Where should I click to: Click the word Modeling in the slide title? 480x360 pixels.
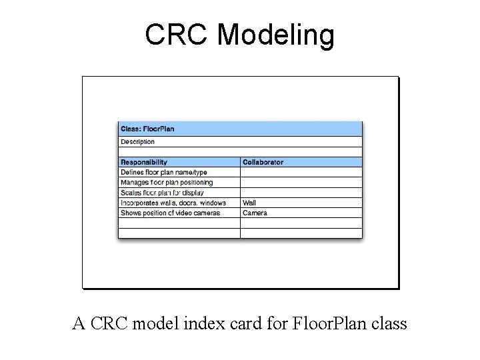[275, 36]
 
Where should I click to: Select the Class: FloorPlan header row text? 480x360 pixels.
[147, 129]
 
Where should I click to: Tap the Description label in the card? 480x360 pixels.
[137, 141]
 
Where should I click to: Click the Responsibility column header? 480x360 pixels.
[144, 162]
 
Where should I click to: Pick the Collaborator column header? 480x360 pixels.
[263, 162]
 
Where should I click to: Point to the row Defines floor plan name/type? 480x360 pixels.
[164, 172]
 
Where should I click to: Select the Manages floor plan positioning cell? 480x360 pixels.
[167, 182]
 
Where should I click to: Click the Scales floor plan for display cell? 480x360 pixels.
[162, 193]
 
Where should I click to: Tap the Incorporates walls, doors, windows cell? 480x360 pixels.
[173, 203]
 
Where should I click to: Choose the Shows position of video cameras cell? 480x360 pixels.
[170, 213]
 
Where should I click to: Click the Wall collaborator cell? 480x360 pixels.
[249, 203]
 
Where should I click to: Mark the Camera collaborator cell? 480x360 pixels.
[255, 213]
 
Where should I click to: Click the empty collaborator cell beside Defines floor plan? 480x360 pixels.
[301, 172]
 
